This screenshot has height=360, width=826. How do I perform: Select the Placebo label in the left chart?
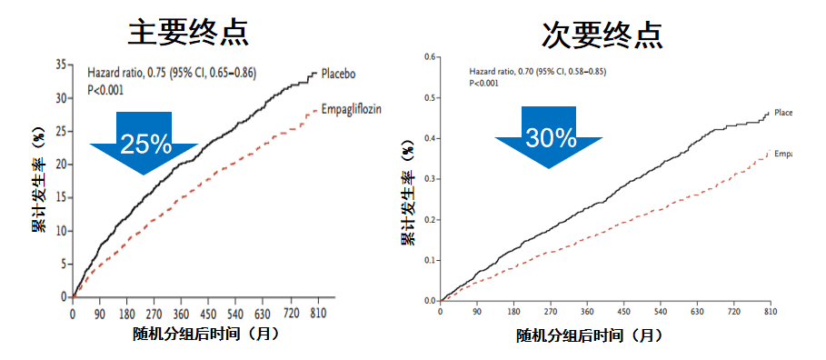pos(335,74)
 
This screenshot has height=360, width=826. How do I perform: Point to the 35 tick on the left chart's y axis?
pos(61,65)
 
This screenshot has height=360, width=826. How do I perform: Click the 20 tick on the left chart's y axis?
pos(61,165)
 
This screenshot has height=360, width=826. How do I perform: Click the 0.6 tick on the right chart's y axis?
pos(430,56)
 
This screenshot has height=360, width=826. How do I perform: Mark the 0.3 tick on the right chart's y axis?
pos(430,179)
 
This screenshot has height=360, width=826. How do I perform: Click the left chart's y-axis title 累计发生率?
pos(39,183)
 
